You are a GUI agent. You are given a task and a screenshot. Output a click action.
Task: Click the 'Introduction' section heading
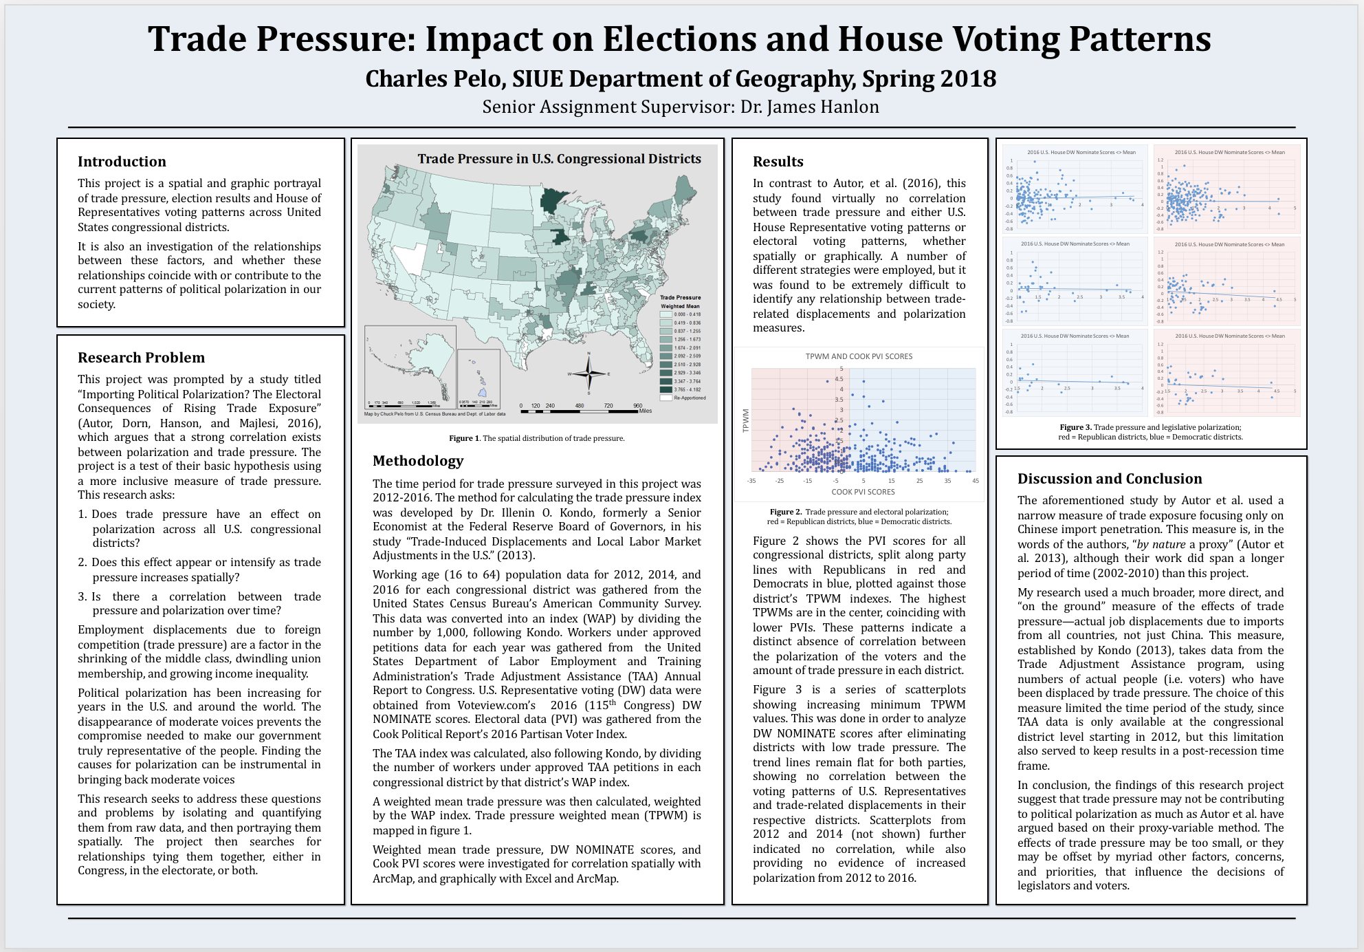click(x=122, y=162)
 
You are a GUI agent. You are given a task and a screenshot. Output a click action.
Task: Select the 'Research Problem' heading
click(x=141, y=358)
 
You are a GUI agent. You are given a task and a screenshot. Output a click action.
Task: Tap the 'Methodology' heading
click(x=418, y=461)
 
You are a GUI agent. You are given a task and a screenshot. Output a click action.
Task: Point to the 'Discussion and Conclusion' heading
click(x=1110, y=479)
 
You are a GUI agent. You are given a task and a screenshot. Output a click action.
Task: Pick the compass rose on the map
click(x=588, y=374)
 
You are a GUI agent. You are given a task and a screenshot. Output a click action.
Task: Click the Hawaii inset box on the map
click(x=478, y=379)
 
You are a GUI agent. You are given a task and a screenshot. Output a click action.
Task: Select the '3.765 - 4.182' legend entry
click(x=687, y=389)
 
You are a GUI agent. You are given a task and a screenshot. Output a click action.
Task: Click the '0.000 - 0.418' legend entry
click(x=687, y=314)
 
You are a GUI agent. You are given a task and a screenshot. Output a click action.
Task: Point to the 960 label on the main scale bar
click(x=637, y=406)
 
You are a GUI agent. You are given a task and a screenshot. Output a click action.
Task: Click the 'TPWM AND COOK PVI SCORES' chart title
click(x=859, y=356)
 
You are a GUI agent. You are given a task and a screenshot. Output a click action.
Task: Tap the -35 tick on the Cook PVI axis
click(x=751, y=481)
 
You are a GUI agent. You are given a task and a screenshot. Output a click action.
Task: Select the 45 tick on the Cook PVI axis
click(x=976, y=481)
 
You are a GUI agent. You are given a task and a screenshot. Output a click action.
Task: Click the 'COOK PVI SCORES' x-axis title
click(x=863, y=492)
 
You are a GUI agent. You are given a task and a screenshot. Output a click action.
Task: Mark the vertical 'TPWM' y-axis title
click(x=745, y=421)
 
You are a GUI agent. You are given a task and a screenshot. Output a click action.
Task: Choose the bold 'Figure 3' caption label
click(x=1075, y=427)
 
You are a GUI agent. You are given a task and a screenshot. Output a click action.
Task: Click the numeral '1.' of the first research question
click(x=82, y=515)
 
